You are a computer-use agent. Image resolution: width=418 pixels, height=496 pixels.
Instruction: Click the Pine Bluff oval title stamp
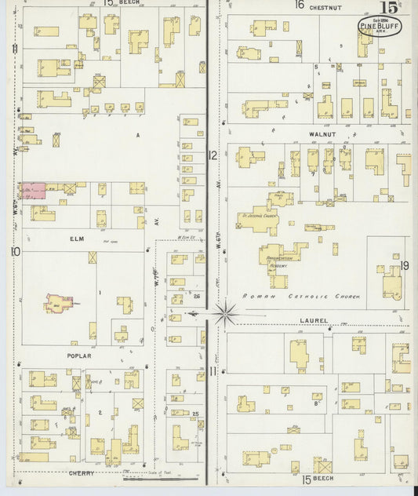point(379,25)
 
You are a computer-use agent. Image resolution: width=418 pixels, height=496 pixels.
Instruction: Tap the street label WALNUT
point(322,134)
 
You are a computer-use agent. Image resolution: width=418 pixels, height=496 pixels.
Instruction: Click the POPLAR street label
point(79,356)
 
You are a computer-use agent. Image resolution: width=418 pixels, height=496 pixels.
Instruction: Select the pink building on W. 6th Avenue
point(32,191)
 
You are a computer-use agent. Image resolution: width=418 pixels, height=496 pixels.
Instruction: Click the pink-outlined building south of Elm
point(57,301)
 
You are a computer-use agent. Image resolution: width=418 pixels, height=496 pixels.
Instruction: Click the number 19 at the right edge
point(404,266)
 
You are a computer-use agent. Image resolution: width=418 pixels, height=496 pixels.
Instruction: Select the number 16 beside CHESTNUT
point(299,5)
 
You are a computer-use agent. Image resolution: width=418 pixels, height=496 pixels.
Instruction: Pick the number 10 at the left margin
point(15,251)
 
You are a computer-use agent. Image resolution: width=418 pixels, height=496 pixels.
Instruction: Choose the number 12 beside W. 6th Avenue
point(213,155)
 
